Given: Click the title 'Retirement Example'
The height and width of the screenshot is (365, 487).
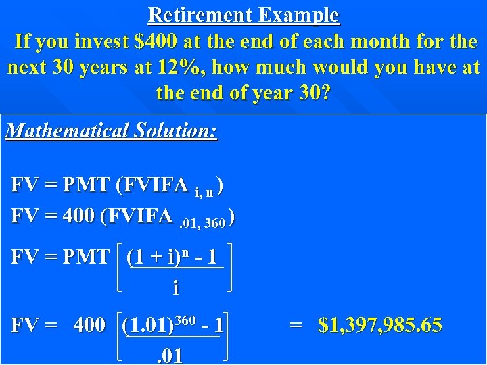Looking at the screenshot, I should point(243,14).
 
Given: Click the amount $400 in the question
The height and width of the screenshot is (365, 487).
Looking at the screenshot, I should point(157,42).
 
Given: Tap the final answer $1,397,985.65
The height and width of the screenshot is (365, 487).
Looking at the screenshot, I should point(380,326).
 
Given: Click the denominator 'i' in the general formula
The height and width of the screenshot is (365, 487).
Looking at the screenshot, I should point(176,289).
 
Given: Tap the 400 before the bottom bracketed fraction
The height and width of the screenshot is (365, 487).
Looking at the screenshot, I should point(89,326).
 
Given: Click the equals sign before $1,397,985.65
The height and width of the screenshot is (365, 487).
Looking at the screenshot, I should point(296,326).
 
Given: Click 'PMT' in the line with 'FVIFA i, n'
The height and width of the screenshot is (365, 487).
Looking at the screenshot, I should point(87,185).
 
